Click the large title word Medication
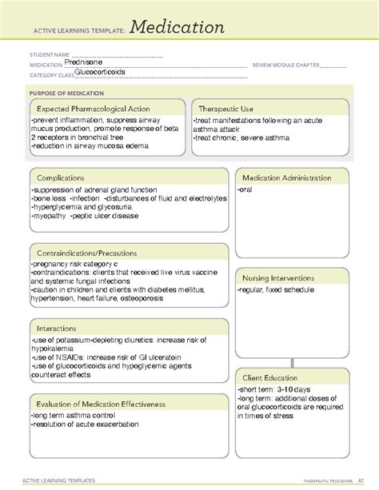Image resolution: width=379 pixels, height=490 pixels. pyautogui.click(x=178, y=28)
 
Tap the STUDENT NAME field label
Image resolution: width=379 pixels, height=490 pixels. pyautogui.click(x=47, y=56)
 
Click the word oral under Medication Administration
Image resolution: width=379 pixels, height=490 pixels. pyautogui.click(x=245, y=189)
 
